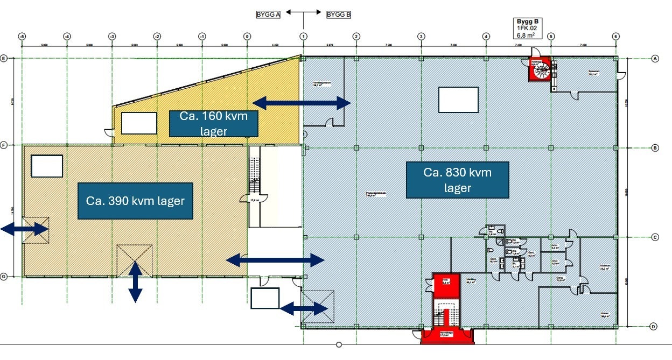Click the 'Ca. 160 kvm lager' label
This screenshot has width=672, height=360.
pos(214,124)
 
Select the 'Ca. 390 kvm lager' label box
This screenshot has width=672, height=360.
pos(135,201)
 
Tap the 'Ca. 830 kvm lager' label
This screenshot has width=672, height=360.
pos(458,180)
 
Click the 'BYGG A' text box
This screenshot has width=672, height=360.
pos(269,15)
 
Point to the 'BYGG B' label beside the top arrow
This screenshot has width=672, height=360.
pos(339,15)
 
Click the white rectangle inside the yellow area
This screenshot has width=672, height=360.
pos(139,123)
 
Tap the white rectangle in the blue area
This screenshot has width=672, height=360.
pos(458,100)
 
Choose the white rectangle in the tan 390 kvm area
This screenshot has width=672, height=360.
pos(47,166)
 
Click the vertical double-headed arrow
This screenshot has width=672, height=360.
pos(135,281)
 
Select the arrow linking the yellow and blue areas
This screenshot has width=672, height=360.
pos(302,103)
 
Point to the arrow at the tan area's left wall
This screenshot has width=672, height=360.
pos(24,229)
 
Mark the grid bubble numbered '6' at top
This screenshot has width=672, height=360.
pos(615,36)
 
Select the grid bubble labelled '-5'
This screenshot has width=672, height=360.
pos(22,36)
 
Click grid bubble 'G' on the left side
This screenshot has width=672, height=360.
pos(4,277)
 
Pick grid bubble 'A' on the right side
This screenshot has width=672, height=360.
pos(655,59)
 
